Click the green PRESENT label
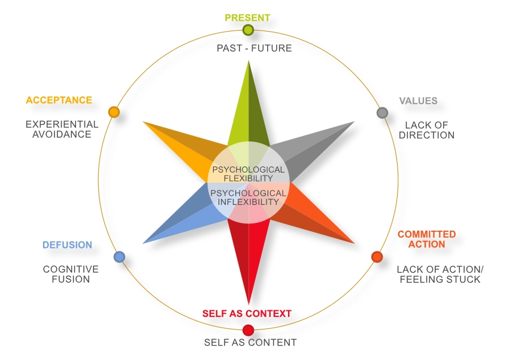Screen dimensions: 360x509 tap(247, 17)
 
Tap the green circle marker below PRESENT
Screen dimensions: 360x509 tap(248, 30)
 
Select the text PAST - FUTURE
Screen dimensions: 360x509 tap(255, 48)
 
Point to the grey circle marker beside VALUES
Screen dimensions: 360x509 tap(382, 113)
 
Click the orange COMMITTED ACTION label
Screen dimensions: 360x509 tap(426, 239)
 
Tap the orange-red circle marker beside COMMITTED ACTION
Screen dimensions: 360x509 tap(377, 257)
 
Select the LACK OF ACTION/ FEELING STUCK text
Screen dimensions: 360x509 tap(440, 274)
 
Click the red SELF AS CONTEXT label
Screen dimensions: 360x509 tap(247, 313)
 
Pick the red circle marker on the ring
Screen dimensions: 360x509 tap(249, 330)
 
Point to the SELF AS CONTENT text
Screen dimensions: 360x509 tap(250, 343)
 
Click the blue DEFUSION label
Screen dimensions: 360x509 tap(67, 245)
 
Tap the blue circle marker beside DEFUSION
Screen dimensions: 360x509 tap(119, 257)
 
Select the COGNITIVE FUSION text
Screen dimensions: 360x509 tap(71, 274)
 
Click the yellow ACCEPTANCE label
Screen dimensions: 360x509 tap(59, 100)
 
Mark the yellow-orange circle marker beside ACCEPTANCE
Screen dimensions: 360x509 tap(114, 112)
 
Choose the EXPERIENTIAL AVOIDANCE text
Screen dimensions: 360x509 tap(62, 129)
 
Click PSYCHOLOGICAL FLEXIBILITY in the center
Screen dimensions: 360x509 tap(249, 174)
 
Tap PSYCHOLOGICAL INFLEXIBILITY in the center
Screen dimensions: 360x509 tap(249, 198)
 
